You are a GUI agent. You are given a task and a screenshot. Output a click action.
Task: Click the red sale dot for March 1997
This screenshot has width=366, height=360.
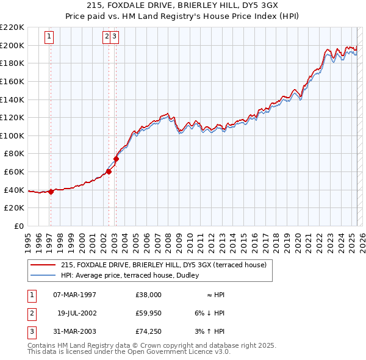[x=51, y=192]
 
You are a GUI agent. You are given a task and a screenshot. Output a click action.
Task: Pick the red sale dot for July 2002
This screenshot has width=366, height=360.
[x=109, y=171]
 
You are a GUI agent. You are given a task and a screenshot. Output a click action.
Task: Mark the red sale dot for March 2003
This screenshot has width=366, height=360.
[x=116, y=159]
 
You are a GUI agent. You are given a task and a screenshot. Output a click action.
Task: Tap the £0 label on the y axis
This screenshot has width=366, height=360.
[x=18, y=226]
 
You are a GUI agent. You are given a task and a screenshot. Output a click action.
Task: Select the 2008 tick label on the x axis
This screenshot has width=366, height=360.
[x=168, y=239]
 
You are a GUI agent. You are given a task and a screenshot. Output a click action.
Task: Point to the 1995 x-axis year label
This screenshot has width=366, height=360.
[x=28, y=239]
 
